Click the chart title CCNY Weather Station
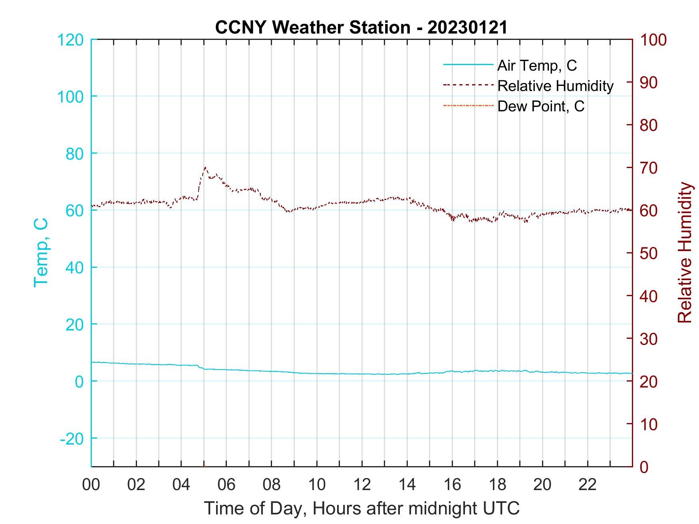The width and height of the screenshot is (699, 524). point(361,28)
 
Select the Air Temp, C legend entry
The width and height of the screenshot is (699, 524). point(537,65)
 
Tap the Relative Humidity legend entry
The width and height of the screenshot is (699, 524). point(555,86)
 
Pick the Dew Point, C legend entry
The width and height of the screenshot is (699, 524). point(541,107)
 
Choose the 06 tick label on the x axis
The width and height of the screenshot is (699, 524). point(226,485)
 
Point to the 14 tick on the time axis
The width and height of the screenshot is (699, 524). point(407,485)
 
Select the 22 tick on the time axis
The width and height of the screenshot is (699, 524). point(588,485)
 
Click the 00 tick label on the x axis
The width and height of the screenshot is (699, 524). point(91,485)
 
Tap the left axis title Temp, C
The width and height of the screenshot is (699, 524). point(41,253)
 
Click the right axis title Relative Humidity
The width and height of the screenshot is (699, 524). point(685,253)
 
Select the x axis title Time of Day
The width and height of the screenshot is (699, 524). point(362,508)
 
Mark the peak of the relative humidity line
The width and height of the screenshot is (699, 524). point(205,168)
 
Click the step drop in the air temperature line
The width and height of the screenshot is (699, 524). point(201,367)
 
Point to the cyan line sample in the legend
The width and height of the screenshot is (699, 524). point(468,65)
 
